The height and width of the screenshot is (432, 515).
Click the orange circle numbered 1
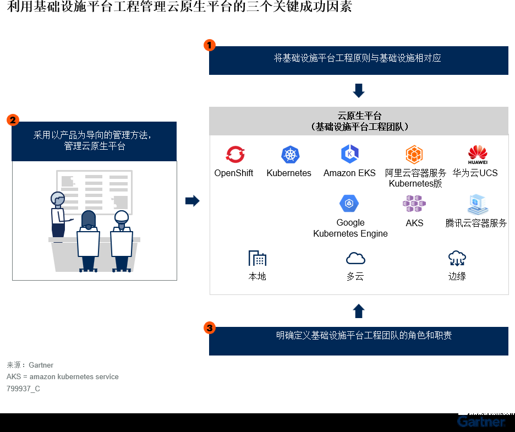(x=210, y=45)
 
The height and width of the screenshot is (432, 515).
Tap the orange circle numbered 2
(x=13, y=120)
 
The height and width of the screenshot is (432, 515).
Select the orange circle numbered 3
(x=210, y=328)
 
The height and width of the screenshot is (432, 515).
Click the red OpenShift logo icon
(x=235, y=155)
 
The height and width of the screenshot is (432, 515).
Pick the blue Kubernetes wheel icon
(x=290, y=155)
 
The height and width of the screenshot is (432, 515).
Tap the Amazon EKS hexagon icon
(x=349, y=154)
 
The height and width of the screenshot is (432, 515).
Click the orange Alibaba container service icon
(x=414, y=155)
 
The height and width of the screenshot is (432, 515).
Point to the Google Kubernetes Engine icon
(x=349, y=204)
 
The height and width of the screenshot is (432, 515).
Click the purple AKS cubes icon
(x=414, y=204)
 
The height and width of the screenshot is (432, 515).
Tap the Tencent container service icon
(x=477, y=204)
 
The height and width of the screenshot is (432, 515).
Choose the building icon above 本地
(x=257, y=258)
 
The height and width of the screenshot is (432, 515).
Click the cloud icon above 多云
(x=355, y=258)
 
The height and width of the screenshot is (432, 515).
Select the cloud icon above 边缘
(x=457, y=258)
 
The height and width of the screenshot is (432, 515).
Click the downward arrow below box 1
(x=359, y=90)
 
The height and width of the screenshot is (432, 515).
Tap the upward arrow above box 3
(x=359, y=311)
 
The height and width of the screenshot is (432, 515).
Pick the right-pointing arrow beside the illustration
(x=192, y=201)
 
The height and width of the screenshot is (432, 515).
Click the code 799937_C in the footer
(x=23, y=389)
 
